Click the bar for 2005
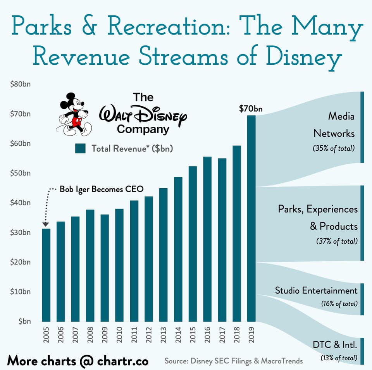click(46, 275)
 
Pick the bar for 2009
click(105, 268)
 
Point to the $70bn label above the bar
click(251, 109)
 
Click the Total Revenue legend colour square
click(80, 148)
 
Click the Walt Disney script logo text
click(143, 114)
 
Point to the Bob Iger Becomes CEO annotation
click(101, 189)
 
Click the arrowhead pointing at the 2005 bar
click(46, 224)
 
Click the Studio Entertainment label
click(316, 290)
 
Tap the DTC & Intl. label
click(335, 344)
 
